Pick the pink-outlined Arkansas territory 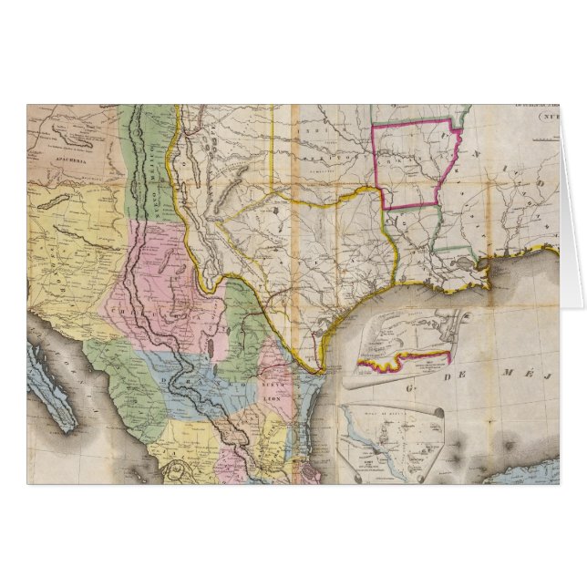click(x=411, y=164)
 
